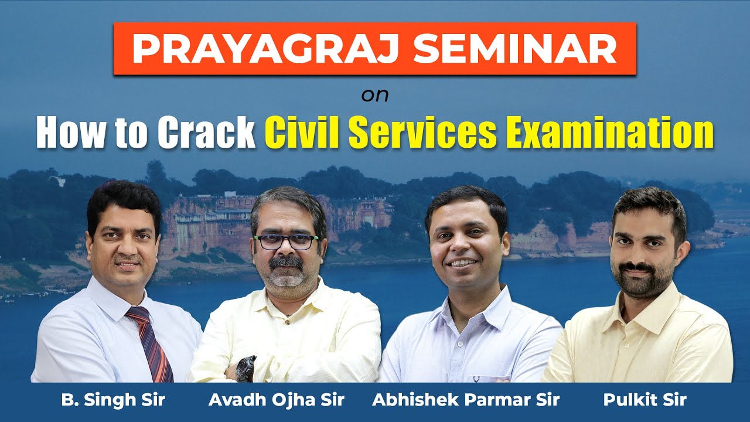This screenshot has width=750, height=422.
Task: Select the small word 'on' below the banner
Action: pos(375,95)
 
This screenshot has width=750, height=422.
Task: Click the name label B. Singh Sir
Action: pos(113,400)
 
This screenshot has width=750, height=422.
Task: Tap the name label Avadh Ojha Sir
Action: pos(277,400)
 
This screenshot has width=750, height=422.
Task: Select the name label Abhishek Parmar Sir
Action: pos(466,400)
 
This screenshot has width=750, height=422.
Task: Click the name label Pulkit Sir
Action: pos(645,400)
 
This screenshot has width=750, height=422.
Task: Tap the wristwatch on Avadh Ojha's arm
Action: pos(246,368)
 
